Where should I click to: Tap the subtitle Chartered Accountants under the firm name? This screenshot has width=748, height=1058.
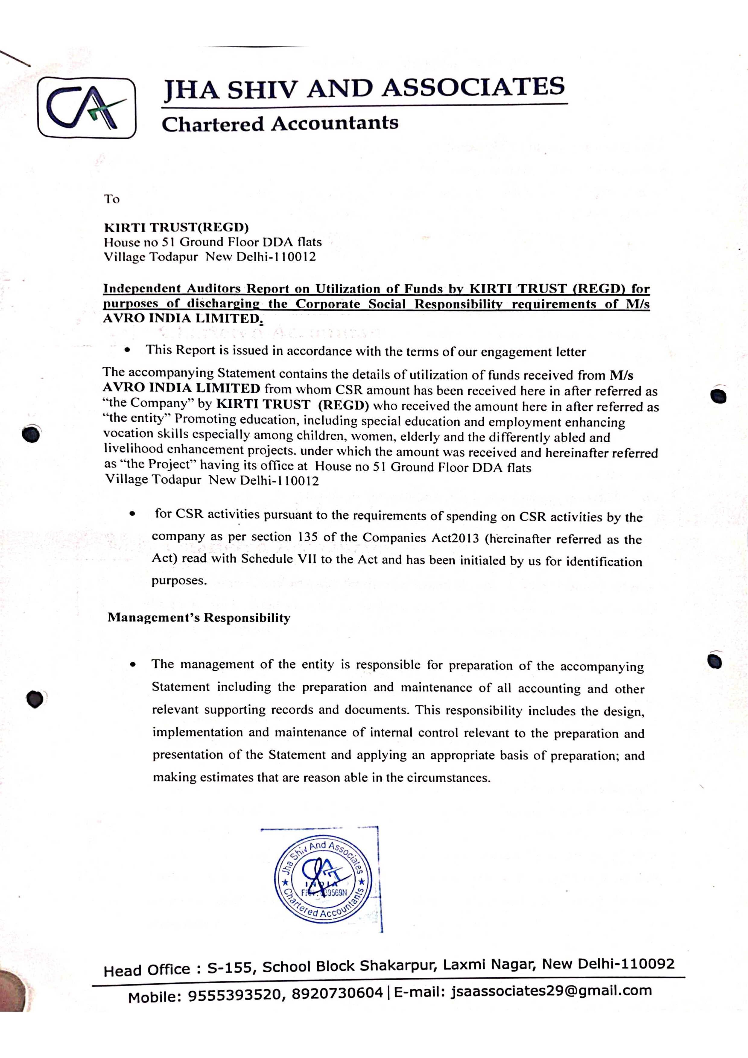[x=280, y=123]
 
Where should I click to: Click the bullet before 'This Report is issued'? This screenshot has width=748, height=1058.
[x=127, y=350]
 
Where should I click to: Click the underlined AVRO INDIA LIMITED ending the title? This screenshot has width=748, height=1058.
[x=182, y=318]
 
